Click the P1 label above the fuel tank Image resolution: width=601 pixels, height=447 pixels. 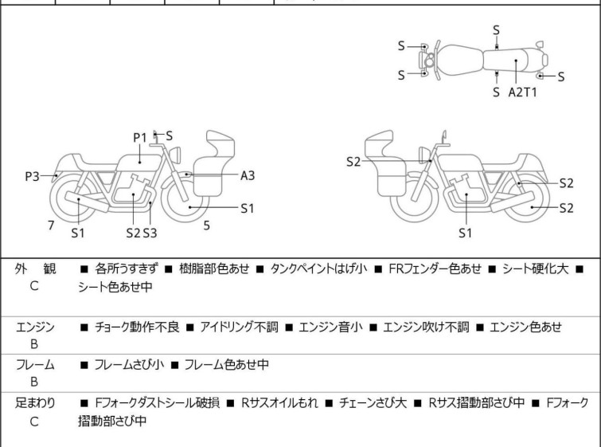point(140,137)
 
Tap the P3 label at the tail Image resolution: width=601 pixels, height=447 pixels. point(32,175)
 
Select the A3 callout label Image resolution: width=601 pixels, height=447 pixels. point(248,174)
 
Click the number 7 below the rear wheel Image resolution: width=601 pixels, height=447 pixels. point(51,225)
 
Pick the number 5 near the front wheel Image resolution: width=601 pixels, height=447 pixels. point(206,225)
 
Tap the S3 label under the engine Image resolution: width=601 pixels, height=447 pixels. point(150,233)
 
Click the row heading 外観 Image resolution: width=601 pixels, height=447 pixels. point(34,269)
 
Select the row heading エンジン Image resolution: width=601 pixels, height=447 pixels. point(34,327)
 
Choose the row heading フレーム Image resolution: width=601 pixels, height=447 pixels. point(34,365)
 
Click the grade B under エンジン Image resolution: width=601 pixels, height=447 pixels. point(34,343)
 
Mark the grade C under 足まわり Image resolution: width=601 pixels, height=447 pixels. point(34,420)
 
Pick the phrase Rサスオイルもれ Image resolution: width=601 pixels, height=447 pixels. point(280,403)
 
